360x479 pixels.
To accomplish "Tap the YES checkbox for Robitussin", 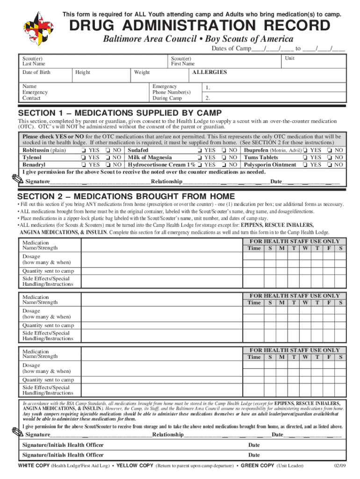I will tap(83, 151).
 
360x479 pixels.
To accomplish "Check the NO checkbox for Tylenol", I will tap(108, 158).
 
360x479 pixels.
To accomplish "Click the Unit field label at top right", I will tap(290, 58).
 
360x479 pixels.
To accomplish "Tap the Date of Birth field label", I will tap(36, 73).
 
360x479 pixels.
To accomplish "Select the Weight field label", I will tap(142, 73).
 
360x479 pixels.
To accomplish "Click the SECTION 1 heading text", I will tap(119, 114).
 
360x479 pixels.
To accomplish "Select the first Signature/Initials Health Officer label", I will tap(63, 445).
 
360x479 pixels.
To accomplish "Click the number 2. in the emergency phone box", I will tap(207, 98).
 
